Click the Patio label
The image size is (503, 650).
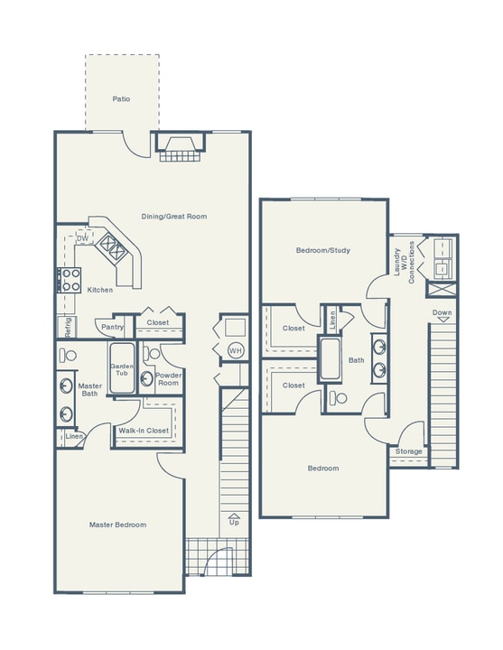122,98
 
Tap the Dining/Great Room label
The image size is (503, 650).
174,217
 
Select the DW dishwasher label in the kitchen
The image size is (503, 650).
83,238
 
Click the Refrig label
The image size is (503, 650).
66,326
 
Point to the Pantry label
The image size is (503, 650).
113,327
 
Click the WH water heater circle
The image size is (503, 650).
235,350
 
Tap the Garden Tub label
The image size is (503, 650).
121,370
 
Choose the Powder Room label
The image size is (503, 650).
169,378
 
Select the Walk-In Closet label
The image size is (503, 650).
144,431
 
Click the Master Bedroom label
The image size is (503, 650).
117,525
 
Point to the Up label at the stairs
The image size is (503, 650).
234,522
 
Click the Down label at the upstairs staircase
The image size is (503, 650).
442,313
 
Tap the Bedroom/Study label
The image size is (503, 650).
322,250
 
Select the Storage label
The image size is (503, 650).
409,450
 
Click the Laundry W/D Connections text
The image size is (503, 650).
404,262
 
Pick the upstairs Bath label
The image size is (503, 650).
357,360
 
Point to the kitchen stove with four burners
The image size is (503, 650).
70,280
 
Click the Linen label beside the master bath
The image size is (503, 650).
74,437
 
